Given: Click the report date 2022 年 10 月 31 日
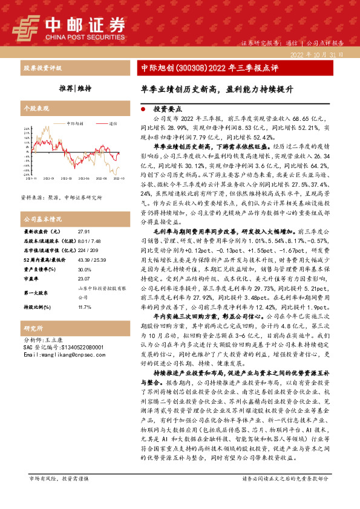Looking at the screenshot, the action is pyautogui.click(x=316, y=54).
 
